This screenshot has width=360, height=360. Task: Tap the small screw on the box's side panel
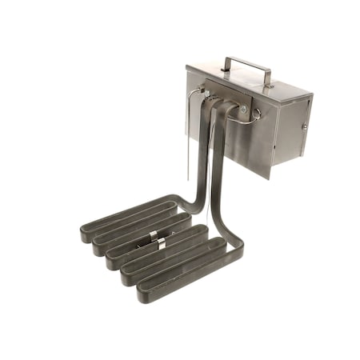[x=304, y=126]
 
